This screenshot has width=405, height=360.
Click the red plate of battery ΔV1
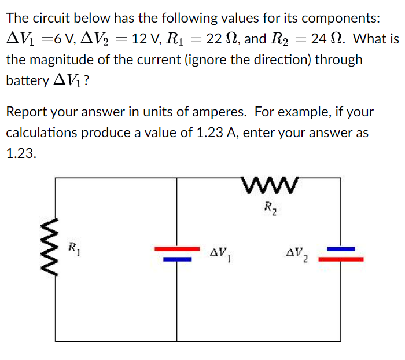[x=176, y=249]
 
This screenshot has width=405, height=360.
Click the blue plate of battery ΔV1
[x=176, y=259]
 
